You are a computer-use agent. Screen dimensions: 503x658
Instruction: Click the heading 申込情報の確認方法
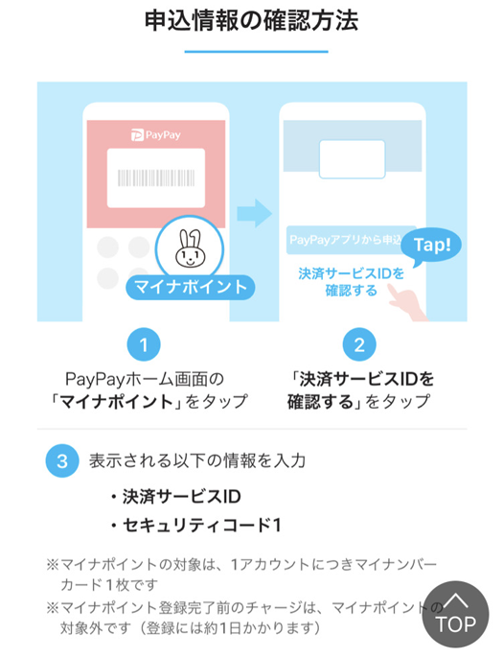pyautogui.click(x=251, y=21)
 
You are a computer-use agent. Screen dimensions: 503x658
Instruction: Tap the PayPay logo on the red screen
pyautogui.click(x=156, y=135)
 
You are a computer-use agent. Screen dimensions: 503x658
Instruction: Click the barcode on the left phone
pyautogui.click(x=156, y=178)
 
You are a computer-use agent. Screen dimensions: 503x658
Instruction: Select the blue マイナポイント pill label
pyautogui.click(x=191, y=288)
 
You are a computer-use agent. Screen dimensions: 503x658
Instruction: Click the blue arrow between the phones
pyautogui.click(x=254, y=214)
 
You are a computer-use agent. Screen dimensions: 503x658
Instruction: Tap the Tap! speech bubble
pyautogui.click(x=431, y=246)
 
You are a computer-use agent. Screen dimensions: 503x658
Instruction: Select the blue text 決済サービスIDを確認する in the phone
pyautogui.click(x=352, y=282)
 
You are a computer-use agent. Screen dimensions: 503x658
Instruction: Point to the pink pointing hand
pyautogui.click(x=405, y=301)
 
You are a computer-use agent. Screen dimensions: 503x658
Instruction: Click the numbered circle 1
pyautogui.click(x=144, y=344)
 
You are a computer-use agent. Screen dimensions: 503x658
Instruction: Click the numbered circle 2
pyautogui.click(x=359, y=344)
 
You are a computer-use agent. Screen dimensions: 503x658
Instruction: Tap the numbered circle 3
pyautogui.click(x=62, y=460)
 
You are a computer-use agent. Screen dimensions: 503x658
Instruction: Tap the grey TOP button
pyautogui.click(x=455, y=614)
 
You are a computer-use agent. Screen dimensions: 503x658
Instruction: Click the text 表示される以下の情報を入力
pyautogui.click(x=197, y=460)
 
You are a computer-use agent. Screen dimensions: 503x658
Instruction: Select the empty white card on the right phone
pyautogui.click(x=353, y=159)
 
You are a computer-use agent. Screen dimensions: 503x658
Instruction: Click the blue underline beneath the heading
pyautogui.click(x=256, y=52)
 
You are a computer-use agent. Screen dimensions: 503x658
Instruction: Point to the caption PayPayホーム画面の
pyautogui.click(x=145, y=380)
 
